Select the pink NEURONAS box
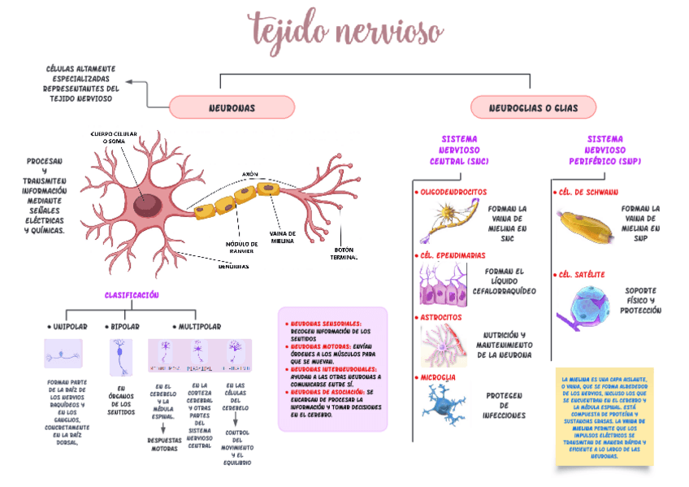click(x=232, y=107)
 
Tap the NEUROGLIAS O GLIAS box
click(x=533, y=107)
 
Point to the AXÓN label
click(x=249, y=174)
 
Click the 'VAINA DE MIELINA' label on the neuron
click(x=283, y=237)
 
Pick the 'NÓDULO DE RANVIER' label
click(x=241, y=247)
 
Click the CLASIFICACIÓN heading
click(x=132, y=294)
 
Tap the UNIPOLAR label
click(x=67, y=326)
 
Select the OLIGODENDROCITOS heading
click(x=452, y=192)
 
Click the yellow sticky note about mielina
click(x=603, y=417)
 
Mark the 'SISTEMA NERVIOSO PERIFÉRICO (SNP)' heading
click(x=604, y=150)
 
